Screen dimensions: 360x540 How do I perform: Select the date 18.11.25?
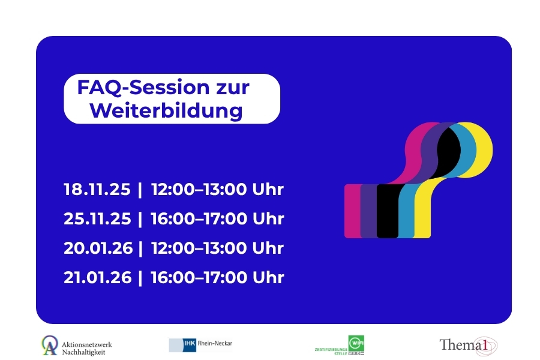[x=97, y=190]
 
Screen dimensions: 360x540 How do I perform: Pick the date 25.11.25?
[x=97, y=219]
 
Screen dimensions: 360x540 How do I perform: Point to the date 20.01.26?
[x=98, y=248]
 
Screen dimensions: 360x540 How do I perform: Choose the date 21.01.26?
[x=98, y=277]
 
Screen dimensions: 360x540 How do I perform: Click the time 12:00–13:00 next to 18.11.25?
[x=199, y=190]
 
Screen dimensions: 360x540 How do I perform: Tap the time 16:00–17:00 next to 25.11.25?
[x=199, y=219]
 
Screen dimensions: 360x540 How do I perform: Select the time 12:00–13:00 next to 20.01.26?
[x=199, y=248]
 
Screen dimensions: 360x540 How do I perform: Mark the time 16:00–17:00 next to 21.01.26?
[x=199, y=277]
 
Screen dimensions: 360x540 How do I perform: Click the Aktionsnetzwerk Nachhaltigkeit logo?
[x=76, y=345]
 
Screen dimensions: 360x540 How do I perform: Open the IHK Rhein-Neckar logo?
[x=200, y=344]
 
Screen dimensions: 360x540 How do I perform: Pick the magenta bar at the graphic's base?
[x=352, y=211]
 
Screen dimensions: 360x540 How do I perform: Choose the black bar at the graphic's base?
[x=387, y=211]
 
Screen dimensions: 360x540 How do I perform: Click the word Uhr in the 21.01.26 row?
[x=268, y=277]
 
